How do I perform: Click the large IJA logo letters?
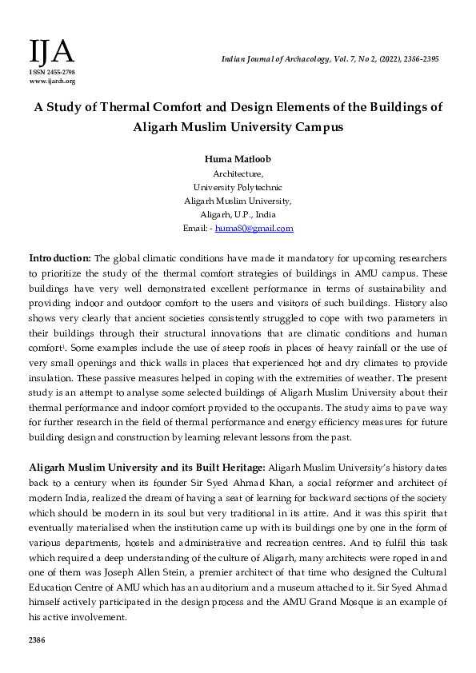(x=51, y=52)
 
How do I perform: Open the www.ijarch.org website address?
(x=54, y=82)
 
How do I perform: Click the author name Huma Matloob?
(x=238, y=159)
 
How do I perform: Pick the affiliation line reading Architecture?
(x=238, y=173)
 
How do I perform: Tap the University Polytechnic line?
(x=238, y=187)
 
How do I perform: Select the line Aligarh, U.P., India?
(x=238, y=214)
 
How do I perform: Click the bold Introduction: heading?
(x=60, y=258)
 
